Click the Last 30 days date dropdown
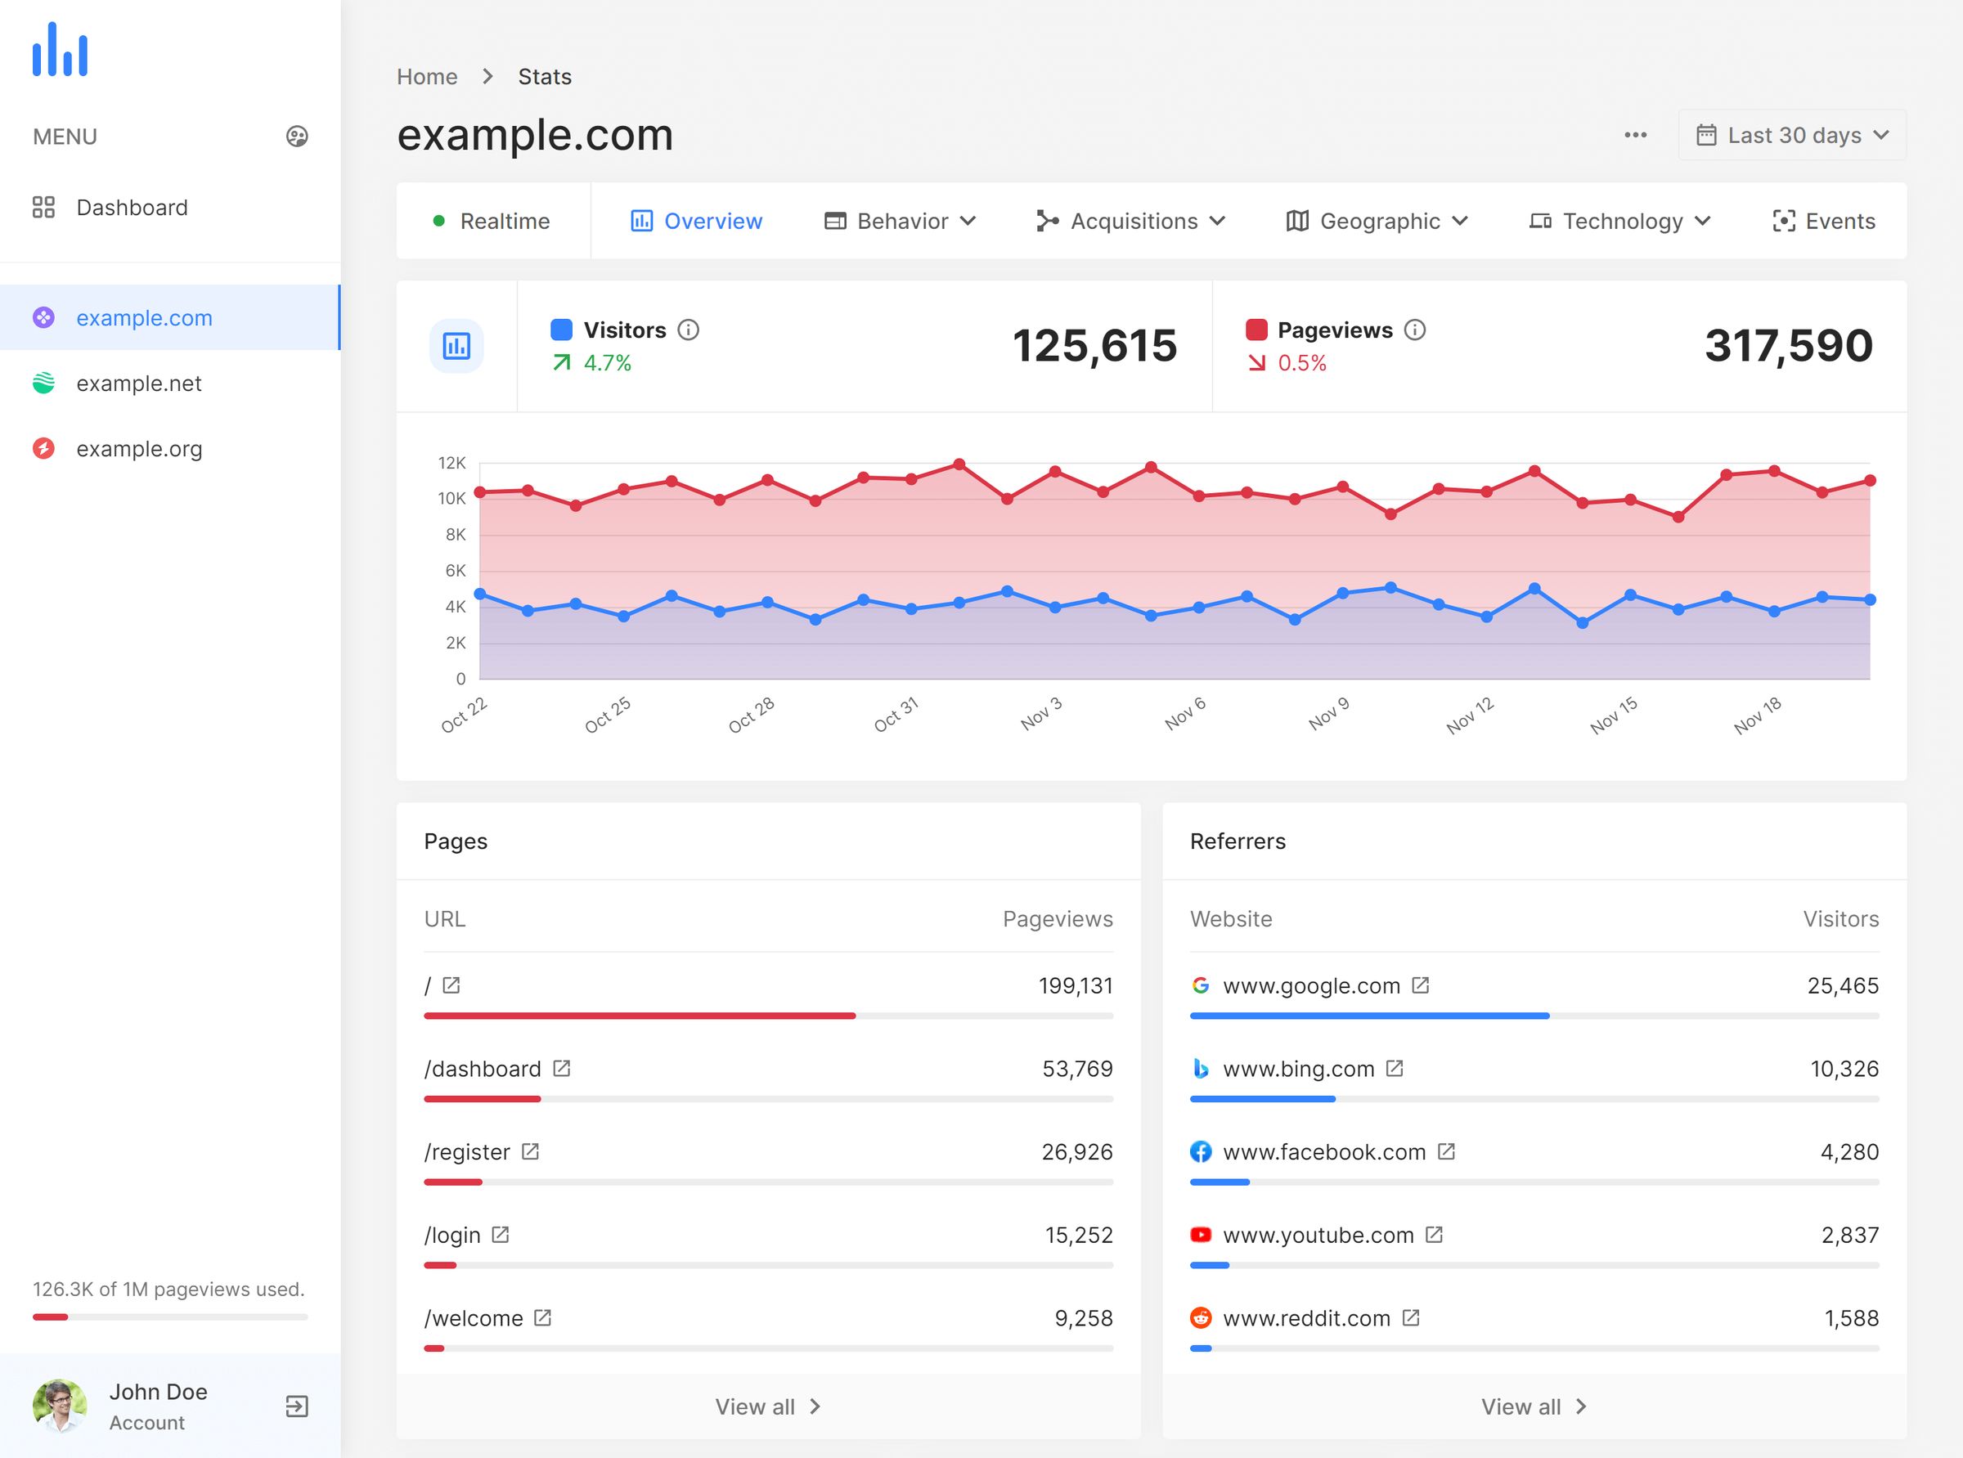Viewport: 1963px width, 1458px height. coord(1792,135)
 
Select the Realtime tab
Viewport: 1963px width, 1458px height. coord(492,221)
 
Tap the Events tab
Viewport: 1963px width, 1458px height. coord(1823,221)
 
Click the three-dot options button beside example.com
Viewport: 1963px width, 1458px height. coord(1635,135)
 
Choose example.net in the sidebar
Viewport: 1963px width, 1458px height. coord(138,383)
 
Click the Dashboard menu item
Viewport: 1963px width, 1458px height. coord(132,208)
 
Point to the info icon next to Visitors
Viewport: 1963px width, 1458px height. coord(689,330)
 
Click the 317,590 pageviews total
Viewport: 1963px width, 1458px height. coord(1788,345)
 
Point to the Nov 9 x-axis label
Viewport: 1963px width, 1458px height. coord(1328,713)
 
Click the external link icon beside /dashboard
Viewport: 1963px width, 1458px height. coord(561,1069)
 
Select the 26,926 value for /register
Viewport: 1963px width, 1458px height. coord(1077,1151)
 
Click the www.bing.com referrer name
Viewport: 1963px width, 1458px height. coord(1298,1069)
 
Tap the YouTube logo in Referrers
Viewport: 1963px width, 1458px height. coord(1201,1235)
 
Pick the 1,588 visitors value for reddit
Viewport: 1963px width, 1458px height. coord(1851,1317)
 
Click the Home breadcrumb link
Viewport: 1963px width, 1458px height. coord(427,77)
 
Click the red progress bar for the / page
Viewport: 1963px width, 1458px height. coord(639,1016)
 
